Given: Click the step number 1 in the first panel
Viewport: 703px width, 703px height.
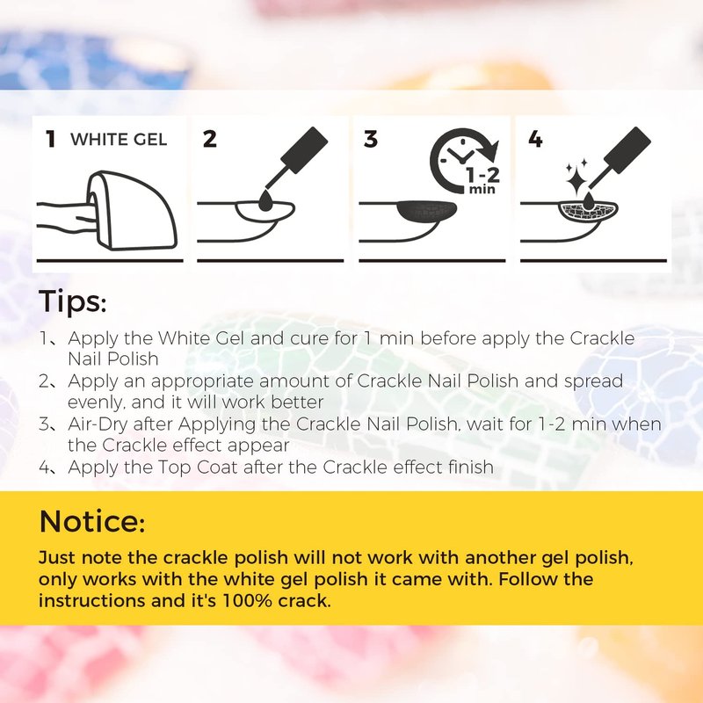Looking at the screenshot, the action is point(51,139).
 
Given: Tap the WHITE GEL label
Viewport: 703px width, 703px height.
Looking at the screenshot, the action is point(119,140).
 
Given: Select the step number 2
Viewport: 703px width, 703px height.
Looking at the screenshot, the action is point(209,139).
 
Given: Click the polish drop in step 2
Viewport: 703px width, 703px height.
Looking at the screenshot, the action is point(265,200).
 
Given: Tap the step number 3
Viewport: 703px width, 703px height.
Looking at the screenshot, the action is point(370,139).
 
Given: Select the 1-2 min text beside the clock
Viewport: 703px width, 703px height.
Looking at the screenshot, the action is point(482,180).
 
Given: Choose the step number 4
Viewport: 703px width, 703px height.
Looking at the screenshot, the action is point(535,139).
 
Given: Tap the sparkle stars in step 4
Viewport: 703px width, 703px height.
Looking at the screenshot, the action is point(576,176).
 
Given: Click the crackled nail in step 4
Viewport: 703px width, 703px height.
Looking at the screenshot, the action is point(588,212).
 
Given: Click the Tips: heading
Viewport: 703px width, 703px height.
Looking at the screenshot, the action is point(73,301).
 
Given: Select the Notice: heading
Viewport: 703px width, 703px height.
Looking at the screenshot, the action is point(92,520).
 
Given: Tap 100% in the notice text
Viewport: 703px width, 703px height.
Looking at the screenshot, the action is point(247,601).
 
